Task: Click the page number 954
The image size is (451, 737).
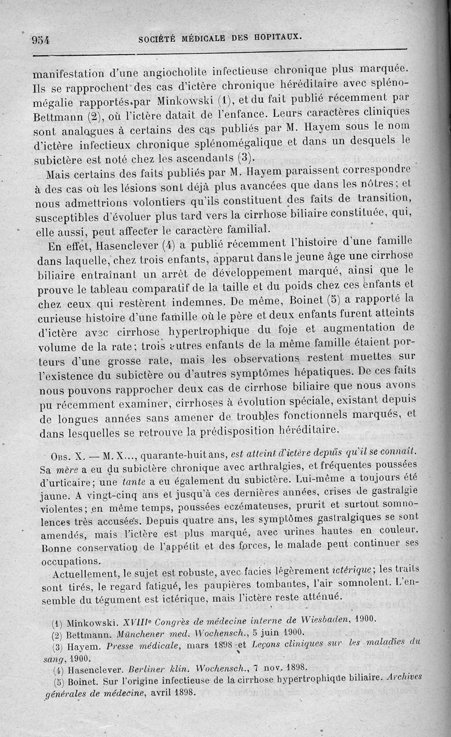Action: [x=41, y=39]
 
